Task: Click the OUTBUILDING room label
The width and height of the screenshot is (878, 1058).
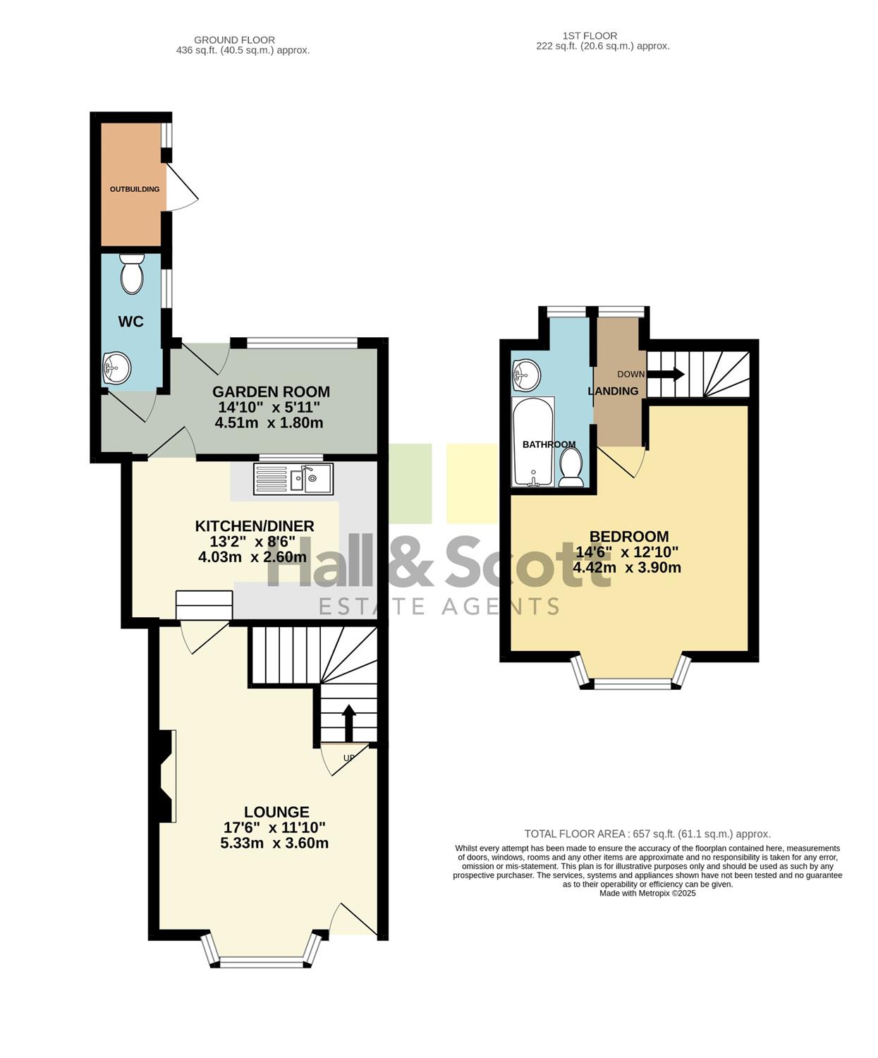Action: click(135, 189)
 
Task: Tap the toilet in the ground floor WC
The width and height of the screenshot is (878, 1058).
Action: click(133, 274)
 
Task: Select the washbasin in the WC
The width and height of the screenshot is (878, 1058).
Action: click(116, 368)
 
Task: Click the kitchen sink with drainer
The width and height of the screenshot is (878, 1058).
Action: click(293, 479)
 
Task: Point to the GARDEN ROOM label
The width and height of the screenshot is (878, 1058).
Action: click(271, 391)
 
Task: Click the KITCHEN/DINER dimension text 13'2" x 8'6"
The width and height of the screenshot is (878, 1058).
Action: click(252, 542)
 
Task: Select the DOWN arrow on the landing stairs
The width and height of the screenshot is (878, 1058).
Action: click(666, 375)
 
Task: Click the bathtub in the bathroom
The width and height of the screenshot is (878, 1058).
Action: click(533, 442)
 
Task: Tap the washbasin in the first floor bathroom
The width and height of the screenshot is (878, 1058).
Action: click(526, 375)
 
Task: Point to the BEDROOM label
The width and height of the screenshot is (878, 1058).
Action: click(629, 536)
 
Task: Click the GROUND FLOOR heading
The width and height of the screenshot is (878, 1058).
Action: click(235, 40)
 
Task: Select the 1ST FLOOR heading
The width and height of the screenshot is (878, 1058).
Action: click(590, 36)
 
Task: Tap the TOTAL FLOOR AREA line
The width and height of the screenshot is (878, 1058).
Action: click(647, 834)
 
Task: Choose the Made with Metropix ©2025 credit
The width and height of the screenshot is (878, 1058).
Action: click(647, 894)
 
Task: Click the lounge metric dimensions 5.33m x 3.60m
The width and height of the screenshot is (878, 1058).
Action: click(274, 843)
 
